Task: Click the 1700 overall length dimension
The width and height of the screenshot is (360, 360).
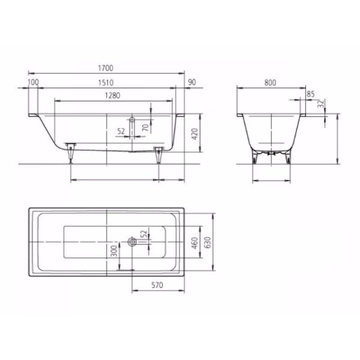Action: coord(106,68)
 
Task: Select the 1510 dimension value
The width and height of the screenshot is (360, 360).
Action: coord(106,82)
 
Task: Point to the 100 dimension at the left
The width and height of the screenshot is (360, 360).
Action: coord(33,82)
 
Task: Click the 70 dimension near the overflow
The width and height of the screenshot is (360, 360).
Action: coord(145,127)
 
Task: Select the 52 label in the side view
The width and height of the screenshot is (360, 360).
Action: coord(121,131)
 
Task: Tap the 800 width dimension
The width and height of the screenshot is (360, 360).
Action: coord(270,82)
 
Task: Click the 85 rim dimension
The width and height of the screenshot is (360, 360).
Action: coord(310,94)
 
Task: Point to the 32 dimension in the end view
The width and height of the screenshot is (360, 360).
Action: coord(320,104)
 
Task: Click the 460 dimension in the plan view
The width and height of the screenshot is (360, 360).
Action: coord(195,243)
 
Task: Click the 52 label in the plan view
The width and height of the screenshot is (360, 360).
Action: coord(143,235)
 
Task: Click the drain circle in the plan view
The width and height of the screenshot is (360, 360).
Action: coord(132,242)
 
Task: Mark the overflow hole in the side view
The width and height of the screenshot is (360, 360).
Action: coord(132,120)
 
